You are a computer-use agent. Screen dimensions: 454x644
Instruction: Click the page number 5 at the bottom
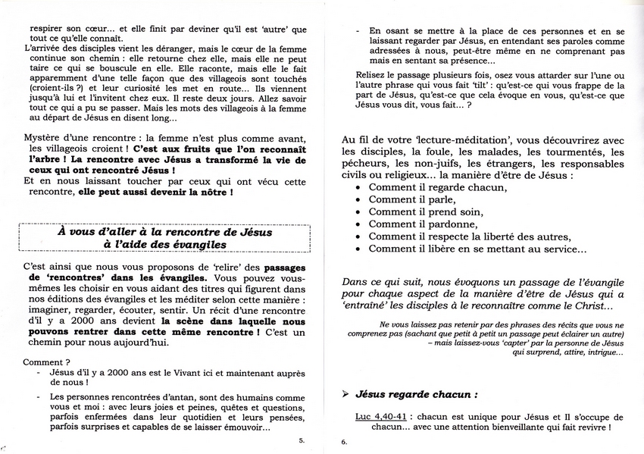[x=302, y=440]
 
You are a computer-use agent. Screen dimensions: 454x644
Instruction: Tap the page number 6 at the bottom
[x=343, y=442]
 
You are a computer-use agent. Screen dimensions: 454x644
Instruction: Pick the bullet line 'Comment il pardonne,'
[x=423, y=224]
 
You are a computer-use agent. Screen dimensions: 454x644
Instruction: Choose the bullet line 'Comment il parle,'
[x=414, y=199]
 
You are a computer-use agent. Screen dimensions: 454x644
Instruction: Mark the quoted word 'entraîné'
[x=367, y=306]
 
